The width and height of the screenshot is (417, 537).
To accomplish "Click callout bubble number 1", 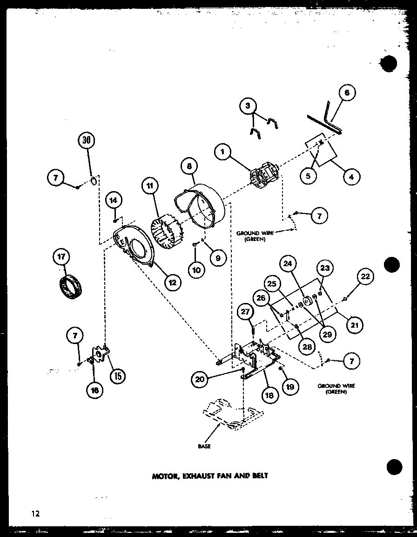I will click(223, 152).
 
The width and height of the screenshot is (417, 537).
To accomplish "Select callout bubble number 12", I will click(172, 282).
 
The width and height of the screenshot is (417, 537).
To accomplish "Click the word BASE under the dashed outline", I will click(204, 446).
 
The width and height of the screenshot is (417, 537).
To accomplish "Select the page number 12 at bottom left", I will click(36, 514).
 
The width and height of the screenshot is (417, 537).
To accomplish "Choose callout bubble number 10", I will click(197, 270).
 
